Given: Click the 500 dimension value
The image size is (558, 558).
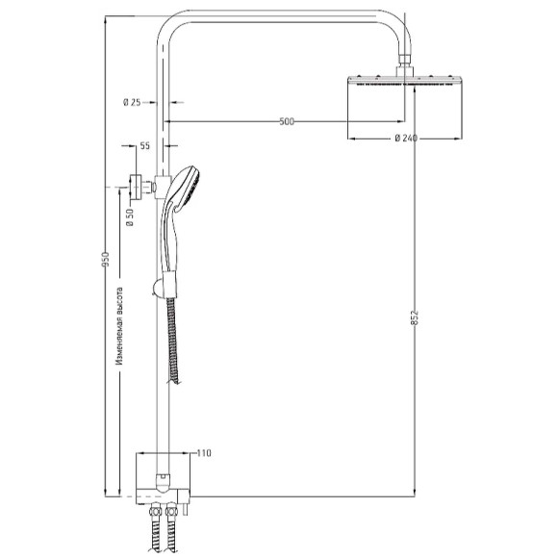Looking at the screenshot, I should click(286, 121).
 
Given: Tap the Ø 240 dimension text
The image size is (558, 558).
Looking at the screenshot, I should click(405, 139).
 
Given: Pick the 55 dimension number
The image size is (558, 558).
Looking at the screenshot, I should click(145, 146).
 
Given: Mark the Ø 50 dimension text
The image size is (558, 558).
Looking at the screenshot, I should click(129, 216).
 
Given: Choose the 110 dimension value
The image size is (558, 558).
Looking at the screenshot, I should click(203, 453).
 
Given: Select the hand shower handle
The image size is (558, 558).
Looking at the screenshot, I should click(174, 245).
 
